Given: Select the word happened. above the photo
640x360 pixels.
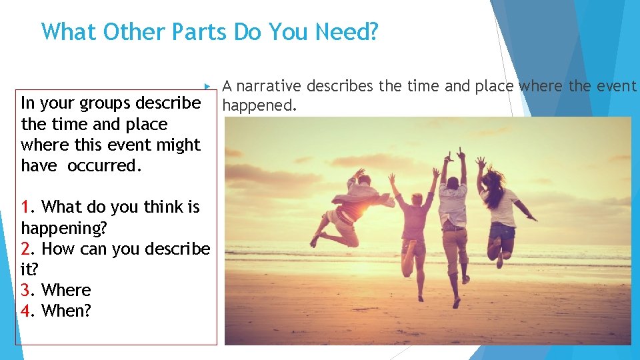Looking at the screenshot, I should [x=259, y=105].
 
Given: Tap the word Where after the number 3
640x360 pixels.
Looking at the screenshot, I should [x=65, y=290].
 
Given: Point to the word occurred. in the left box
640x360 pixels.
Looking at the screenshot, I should [x=104, y=166].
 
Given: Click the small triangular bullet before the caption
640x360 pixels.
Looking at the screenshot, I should [x=208, y=87].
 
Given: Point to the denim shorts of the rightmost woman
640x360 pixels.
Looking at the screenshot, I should [x=502, y=231].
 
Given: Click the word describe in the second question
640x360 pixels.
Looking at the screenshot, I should [x=175, y=249].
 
